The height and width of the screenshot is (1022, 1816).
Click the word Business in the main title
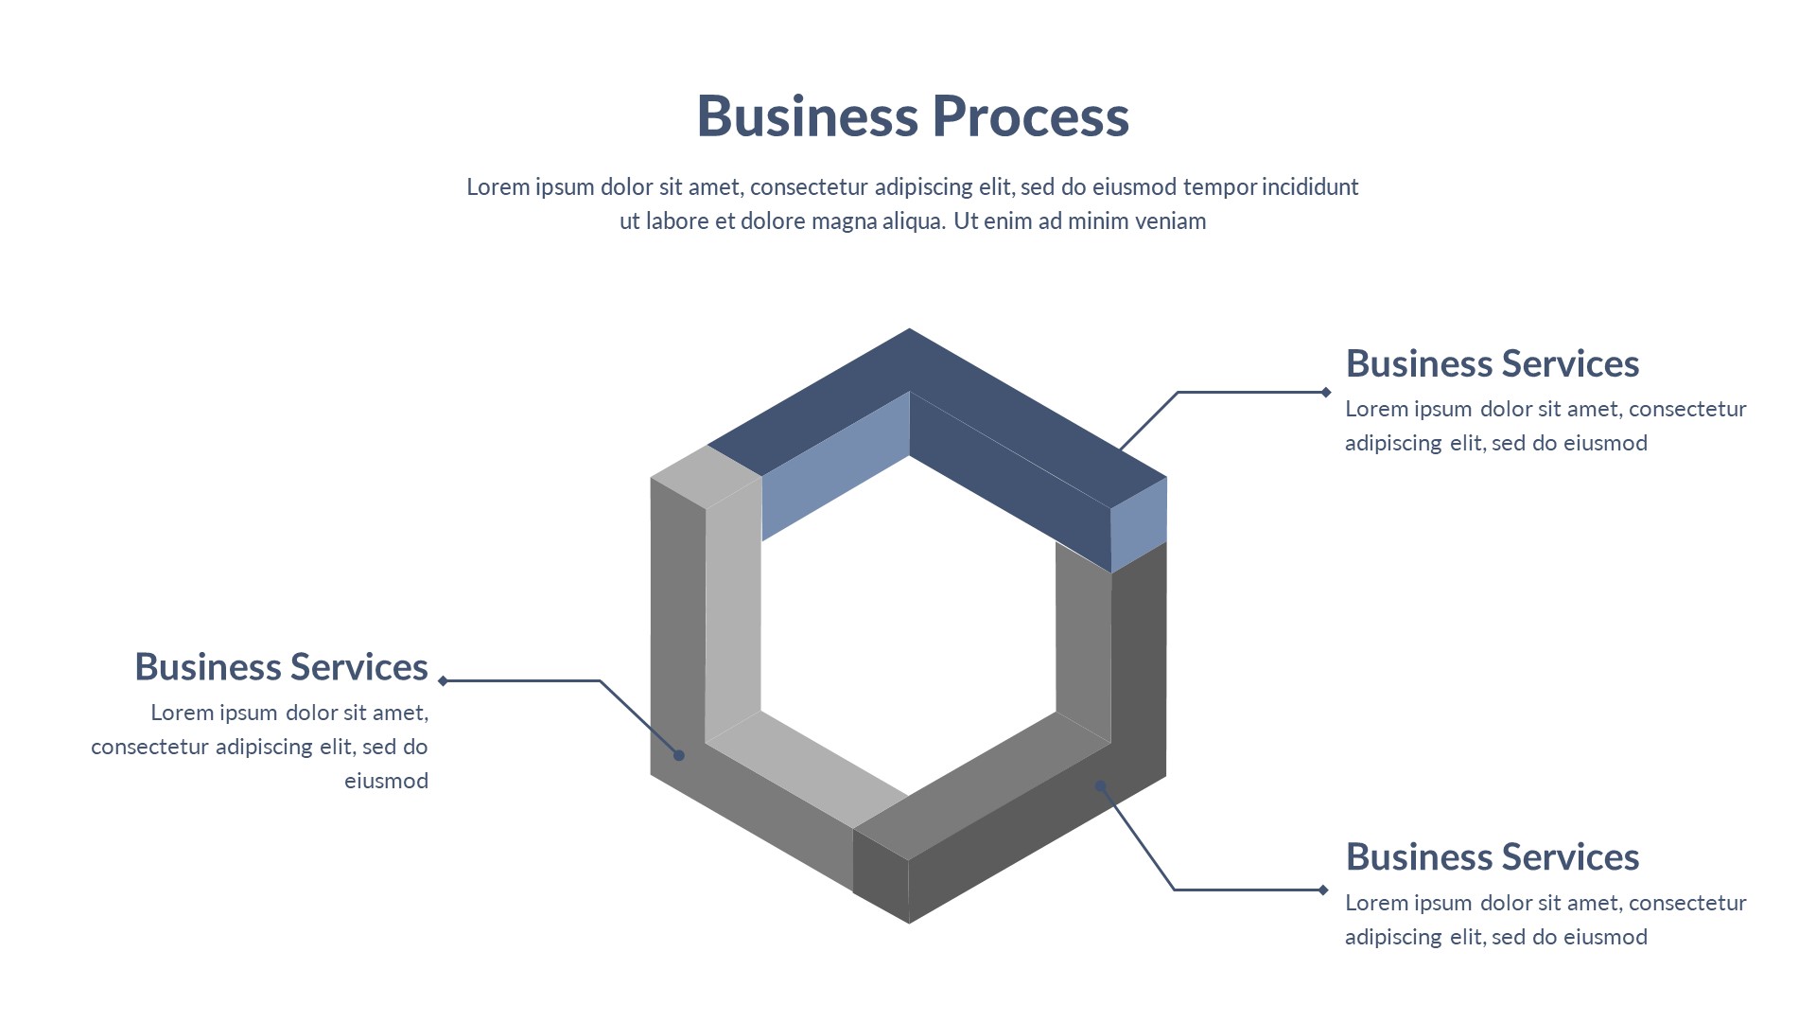(807, 116)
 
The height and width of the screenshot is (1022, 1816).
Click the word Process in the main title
(1030, 116)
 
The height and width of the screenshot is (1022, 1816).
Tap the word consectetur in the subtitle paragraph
(809, 187)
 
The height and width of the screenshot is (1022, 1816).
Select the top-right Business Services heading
(1492, 364)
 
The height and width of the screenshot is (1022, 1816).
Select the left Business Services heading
(281, 667)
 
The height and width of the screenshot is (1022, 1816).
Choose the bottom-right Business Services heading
(1492, 857)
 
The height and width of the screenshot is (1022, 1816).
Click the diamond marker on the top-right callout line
(1326, 392)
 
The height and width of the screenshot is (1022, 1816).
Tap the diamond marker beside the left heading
(443, 680)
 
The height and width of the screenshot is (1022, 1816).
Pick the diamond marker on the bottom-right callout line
(1323, 890)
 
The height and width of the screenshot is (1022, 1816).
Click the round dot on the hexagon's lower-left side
(678, 755)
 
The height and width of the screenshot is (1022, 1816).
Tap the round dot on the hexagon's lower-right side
(1101, 785)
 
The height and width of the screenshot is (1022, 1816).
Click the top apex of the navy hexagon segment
(909, 332)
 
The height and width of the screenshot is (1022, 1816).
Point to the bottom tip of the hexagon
(909, 920)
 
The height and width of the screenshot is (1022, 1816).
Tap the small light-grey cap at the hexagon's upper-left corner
(706, 475)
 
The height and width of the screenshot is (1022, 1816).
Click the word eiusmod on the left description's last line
(386, 781)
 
